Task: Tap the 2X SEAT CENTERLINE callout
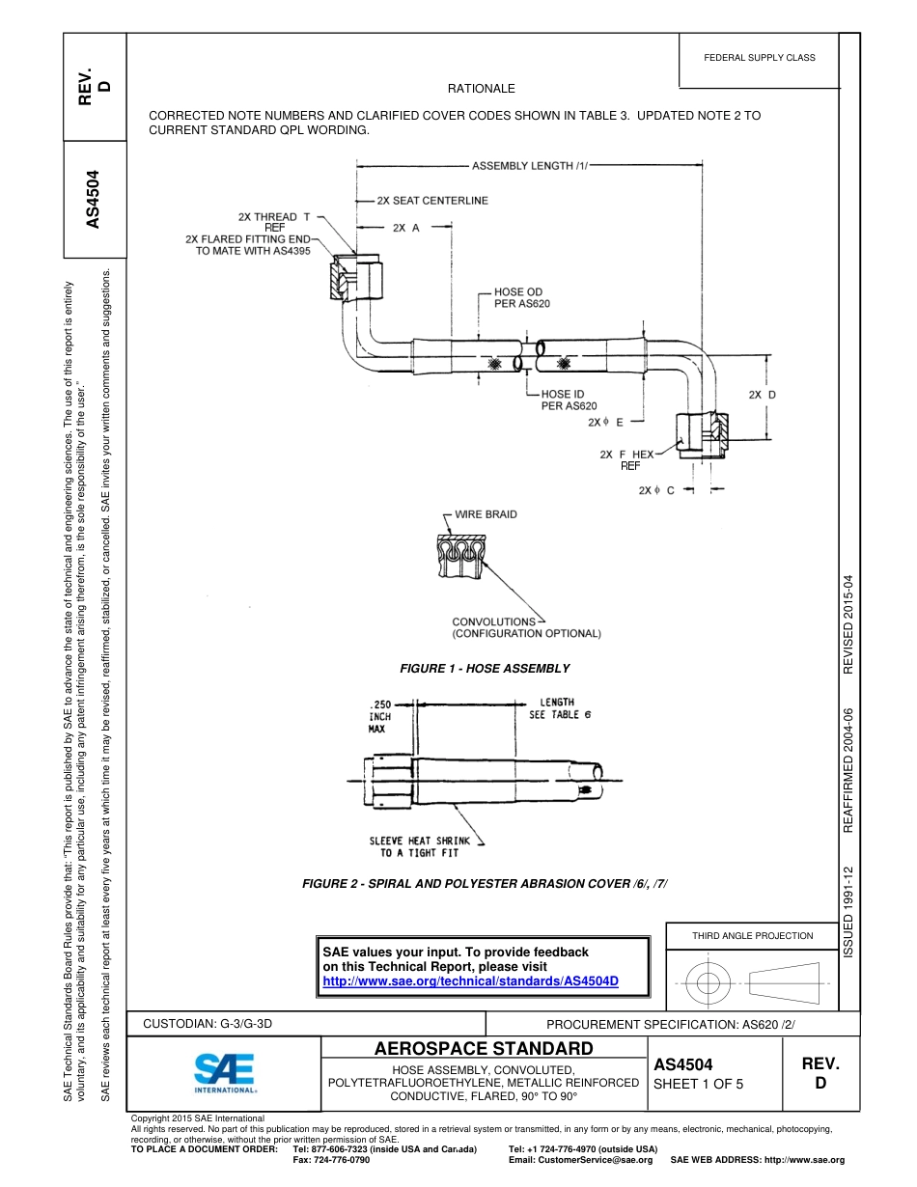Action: (432, 201)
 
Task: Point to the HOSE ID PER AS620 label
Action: (569, 400)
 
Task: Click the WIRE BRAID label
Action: (486, 514)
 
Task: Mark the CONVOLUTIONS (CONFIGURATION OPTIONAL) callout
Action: (526, 628)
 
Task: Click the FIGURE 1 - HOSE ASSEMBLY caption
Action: (485, 669)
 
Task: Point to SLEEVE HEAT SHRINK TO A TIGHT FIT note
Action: (419, 846)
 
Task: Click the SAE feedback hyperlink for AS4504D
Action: (469, 980)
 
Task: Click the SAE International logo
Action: (225, 1072)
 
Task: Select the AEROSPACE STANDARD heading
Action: (484, 1049)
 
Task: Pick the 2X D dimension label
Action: (762, 395)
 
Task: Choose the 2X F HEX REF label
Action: (627, 459)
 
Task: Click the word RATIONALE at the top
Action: (482, 89)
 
